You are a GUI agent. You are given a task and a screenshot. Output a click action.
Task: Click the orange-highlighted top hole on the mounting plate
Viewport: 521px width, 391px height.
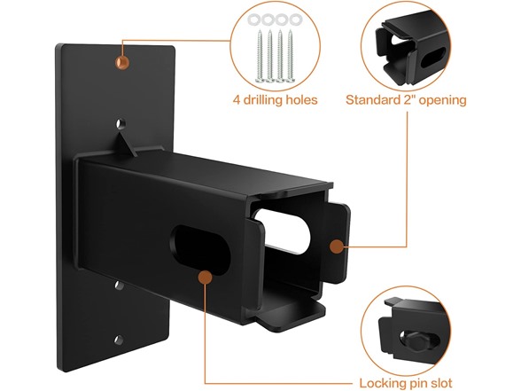pyautogui.click(x=122, y=62)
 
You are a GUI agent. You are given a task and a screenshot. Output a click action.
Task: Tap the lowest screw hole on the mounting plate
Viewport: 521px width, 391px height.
pyautogui.click(x=119, y=340)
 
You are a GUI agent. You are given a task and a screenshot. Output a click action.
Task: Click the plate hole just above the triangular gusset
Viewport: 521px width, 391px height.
pyautogui.click(x=121, y=124)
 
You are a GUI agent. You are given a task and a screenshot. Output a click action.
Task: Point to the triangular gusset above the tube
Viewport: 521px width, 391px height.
pyautogui.click(x=126, y=144)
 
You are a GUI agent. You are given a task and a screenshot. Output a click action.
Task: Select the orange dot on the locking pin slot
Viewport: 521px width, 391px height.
pyautogui.click(x=206, y=277)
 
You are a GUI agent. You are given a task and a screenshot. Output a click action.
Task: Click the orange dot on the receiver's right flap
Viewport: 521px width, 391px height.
pyautogui.click(x=337, y=246)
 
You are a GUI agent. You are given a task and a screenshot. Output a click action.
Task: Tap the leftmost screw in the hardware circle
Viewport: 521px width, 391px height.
pyautogui.click(x=260, y=56)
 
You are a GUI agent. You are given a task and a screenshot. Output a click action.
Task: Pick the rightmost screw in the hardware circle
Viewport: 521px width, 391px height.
pyautogui.click(x=291, y=56)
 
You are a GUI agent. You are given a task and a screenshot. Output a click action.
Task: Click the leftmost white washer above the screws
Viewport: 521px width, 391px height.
pyautogui.click(x=253, y=20)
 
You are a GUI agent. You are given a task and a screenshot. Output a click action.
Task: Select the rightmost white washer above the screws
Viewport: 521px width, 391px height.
pyautogui.click(x=295, y=20)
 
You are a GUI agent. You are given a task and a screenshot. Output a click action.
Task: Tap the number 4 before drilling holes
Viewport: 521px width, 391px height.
pyautogui.click(x=237, y=99)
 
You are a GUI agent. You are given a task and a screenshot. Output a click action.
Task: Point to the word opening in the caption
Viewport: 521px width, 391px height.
pyautogui.click(x=442, y=101)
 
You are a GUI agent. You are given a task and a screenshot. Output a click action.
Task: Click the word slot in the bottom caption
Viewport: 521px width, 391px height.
pyautogui.click(x=440, y=383)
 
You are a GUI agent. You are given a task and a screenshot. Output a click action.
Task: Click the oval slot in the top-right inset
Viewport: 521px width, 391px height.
pyautogui.click(x=432, y=59)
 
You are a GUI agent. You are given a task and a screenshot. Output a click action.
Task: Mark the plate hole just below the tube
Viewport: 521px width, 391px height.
pyautogui.click(x=119, y=285)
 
